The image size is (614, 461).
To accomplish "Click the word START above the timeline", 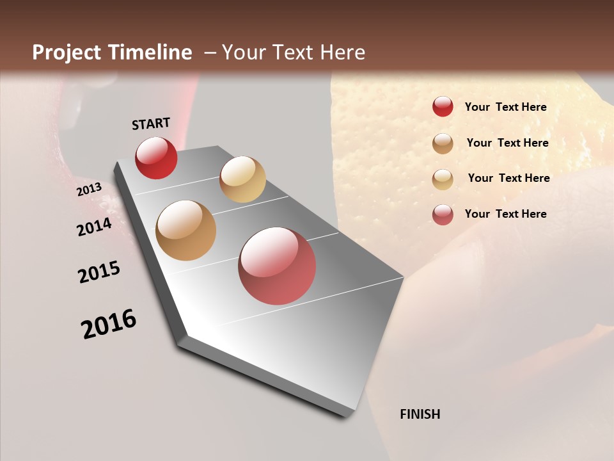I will click(x=151, y=124).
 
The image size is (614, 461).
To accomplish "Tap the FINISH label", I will click(x=420, y=414).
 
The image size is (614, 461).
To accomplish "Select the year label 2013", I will click(x=90, y=190).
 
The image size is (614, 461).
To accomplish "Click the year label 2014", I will click(x=94, y=227).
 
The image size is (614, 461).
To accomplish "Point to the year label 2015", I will click(x=99, y=272).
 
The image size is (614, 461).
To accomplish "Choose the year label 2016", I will click(x=109, y=324).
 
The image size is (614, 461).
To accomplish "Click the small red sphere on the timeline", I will click(x=156, y=158).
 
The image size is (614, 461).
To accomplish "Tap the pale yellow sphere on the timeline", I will click(x=242, y=179).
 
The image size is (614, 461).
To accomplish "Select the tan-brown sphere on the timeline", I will click(x=185, y=230).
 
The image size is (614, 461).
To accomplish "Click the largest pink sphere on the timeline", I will click(x=277, y=266).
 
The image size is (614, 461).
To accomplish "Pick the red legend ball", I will click(x=443, y=107).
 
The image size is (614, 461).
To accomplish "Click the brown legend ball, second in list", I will click(x=443, y=143).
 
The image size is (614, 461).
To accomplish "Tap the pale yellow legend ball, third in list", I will click(x=443, y=179).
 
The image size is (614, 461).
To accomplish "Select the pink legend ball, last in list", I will click(x=443, y=214).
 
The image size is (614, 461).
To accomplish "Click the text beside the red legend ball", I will click(x=505, y=107).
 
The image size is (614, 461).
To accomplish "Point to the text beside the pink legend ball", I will click(x=505, y=214).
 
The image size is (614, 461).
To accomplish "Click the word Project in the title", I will click(x=67, y=53).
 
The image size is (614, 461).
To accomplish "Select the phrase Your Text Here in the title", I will click(x=294, y=53).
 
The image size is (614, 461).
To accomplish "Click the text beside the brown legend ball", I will click(x=507, y=143).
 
